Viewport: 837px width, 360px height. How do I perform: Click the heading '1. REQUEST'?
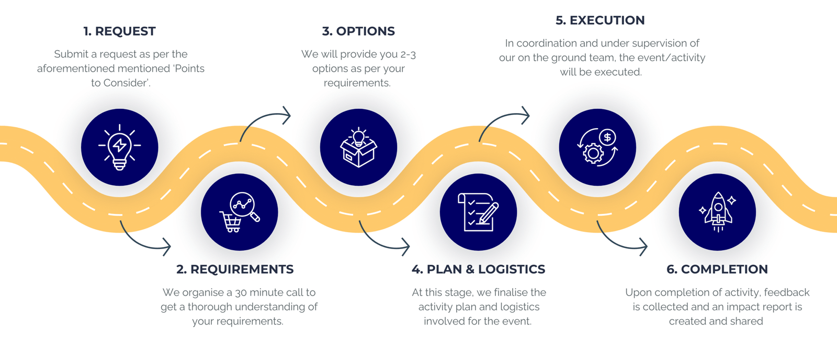[x=119, y=31]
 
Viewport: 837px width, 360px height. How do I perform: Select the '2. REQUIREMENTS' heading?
[x=235, y=269]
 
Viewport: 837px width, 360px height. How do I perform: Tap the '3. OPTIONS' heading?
[x=358, y=31]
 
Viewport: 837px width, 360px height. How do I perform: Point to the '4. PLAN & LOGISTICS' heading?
[x=478, y=269]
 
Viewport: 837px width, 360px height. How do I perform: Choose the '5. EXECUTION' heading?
[x=600, y=20]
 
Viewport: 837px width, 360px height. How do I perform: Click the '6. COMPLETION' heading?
[x=717, y=269]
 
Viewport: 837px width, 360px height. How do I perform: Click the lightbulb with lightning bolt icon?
[x=119, y=147]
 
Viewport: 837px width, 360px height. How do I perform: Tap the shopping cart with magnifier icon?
[x=239, y=212]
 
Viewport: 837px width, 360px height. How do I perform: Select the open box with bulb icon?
[x=358, y=147]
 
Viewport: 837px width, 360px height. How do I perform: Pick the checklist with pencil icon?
[x=478, y=212]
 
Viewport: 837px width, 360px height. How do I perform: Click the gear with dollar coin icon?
[x=597, y=147]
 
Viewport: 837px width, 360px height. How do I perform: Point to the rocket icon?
[x=717, y=212]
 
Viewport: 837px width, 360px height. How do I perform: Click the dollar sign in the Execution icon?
[x=607, y=138]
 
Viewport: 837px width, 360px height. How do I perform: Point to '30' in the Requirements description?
[x=241, y=292]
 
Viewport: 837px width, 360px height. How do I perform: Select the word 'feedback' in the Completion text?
[x=786, y=292]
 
